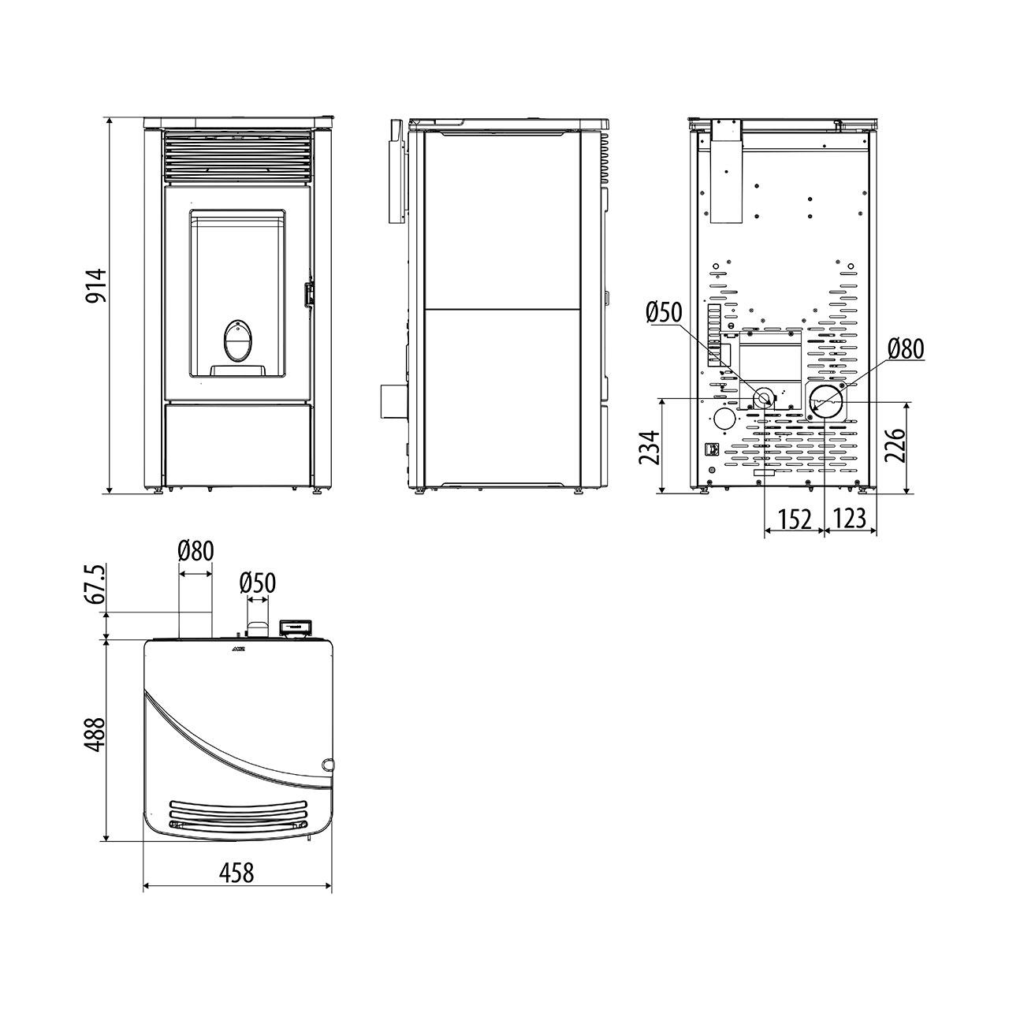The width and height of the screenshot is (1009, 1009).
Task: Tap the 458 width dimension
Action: pyautogui.click(x=236, y=873)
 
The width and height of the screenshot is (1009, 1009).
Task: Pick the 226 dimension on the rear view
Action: pyautogui.click(x=895, y=445)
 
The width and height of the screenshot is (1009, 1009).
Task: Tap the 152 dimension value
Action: pyautogui.click(x=795, y=519)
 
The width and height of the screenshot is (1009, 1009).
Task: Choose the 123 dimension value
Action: pyautogui.click(x=849, y=518)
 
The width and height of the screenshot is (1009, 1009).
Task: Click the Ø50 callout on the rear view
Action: pyautogui.click(x=665, y=313)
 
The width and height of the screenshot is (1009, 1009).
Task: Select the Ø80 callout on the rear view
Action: pyautogui.click(x=907, y=349)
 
